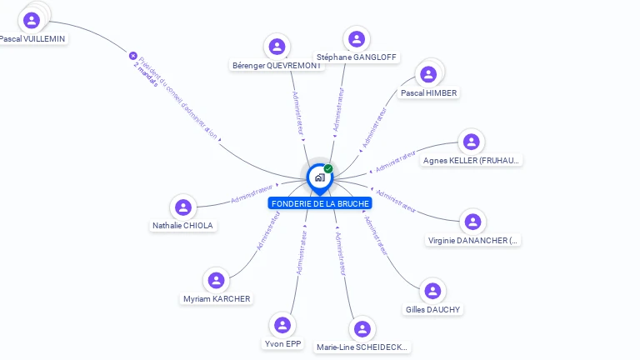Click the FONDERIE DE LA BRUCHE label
pyautogui.click(x=320, y=203)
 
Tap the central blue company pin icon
pyautogui.click(x=319, y=177)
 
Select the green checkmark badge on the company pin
pyautogui.click(x=328, y=169)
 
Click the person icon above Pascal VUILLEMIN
pyautogui.click(x=32, y=20)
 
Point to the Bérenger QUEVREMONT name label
pyautogui.click(x=277, y=66)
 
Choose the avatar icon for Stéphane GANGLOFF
pyautogui.click(x=357, y=39)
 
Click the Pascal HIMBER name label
pyautogui.click(x=428, y=93)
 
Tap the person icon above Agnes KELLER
pyautogui.click(x=472, y=142)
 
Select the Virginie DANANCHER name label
pyautogui.click(x=472, y=241)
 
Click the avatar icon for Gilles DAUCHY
pyautogui.click(x=432, y=291)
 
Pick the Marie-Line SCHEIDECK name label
pyautogui.click(x=362, y=347)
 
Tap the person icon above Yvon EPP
pyautogui.click(x=282, y=325)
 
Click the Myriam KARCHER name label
pyautogui.click(x=217, y=299)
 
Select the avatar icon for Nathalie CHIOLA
pyautogui.click(x=183, y=207)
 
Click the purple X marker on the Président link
pyautogui.click(x=132, y=56)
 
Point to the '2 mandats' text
pyautogui.click(x=145, y=73)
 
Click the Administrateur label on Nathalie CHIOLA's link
pyautogui.click(x=252, y=194)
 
